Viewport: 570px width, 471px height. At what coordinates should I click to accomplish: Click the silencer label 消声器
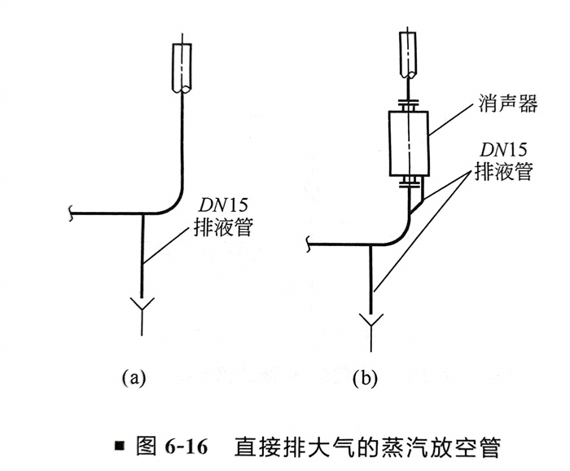(x=499, y=106)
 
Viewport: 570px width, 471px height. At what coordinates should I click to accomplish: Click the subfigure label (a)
(x=133, y=376)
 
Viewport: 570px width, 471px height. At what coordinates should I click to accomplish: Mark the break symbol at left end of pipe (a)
(x=75, y=214)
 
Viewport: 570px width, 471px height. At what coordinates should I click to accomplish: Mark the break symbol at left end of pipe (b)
(x=310, y=242)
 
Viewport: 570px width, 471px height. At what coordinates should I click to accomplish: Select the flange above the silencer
(x=409, y=104)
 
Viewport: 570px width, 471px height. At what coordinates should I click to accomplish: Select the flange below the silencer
(x=409, y=181)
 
